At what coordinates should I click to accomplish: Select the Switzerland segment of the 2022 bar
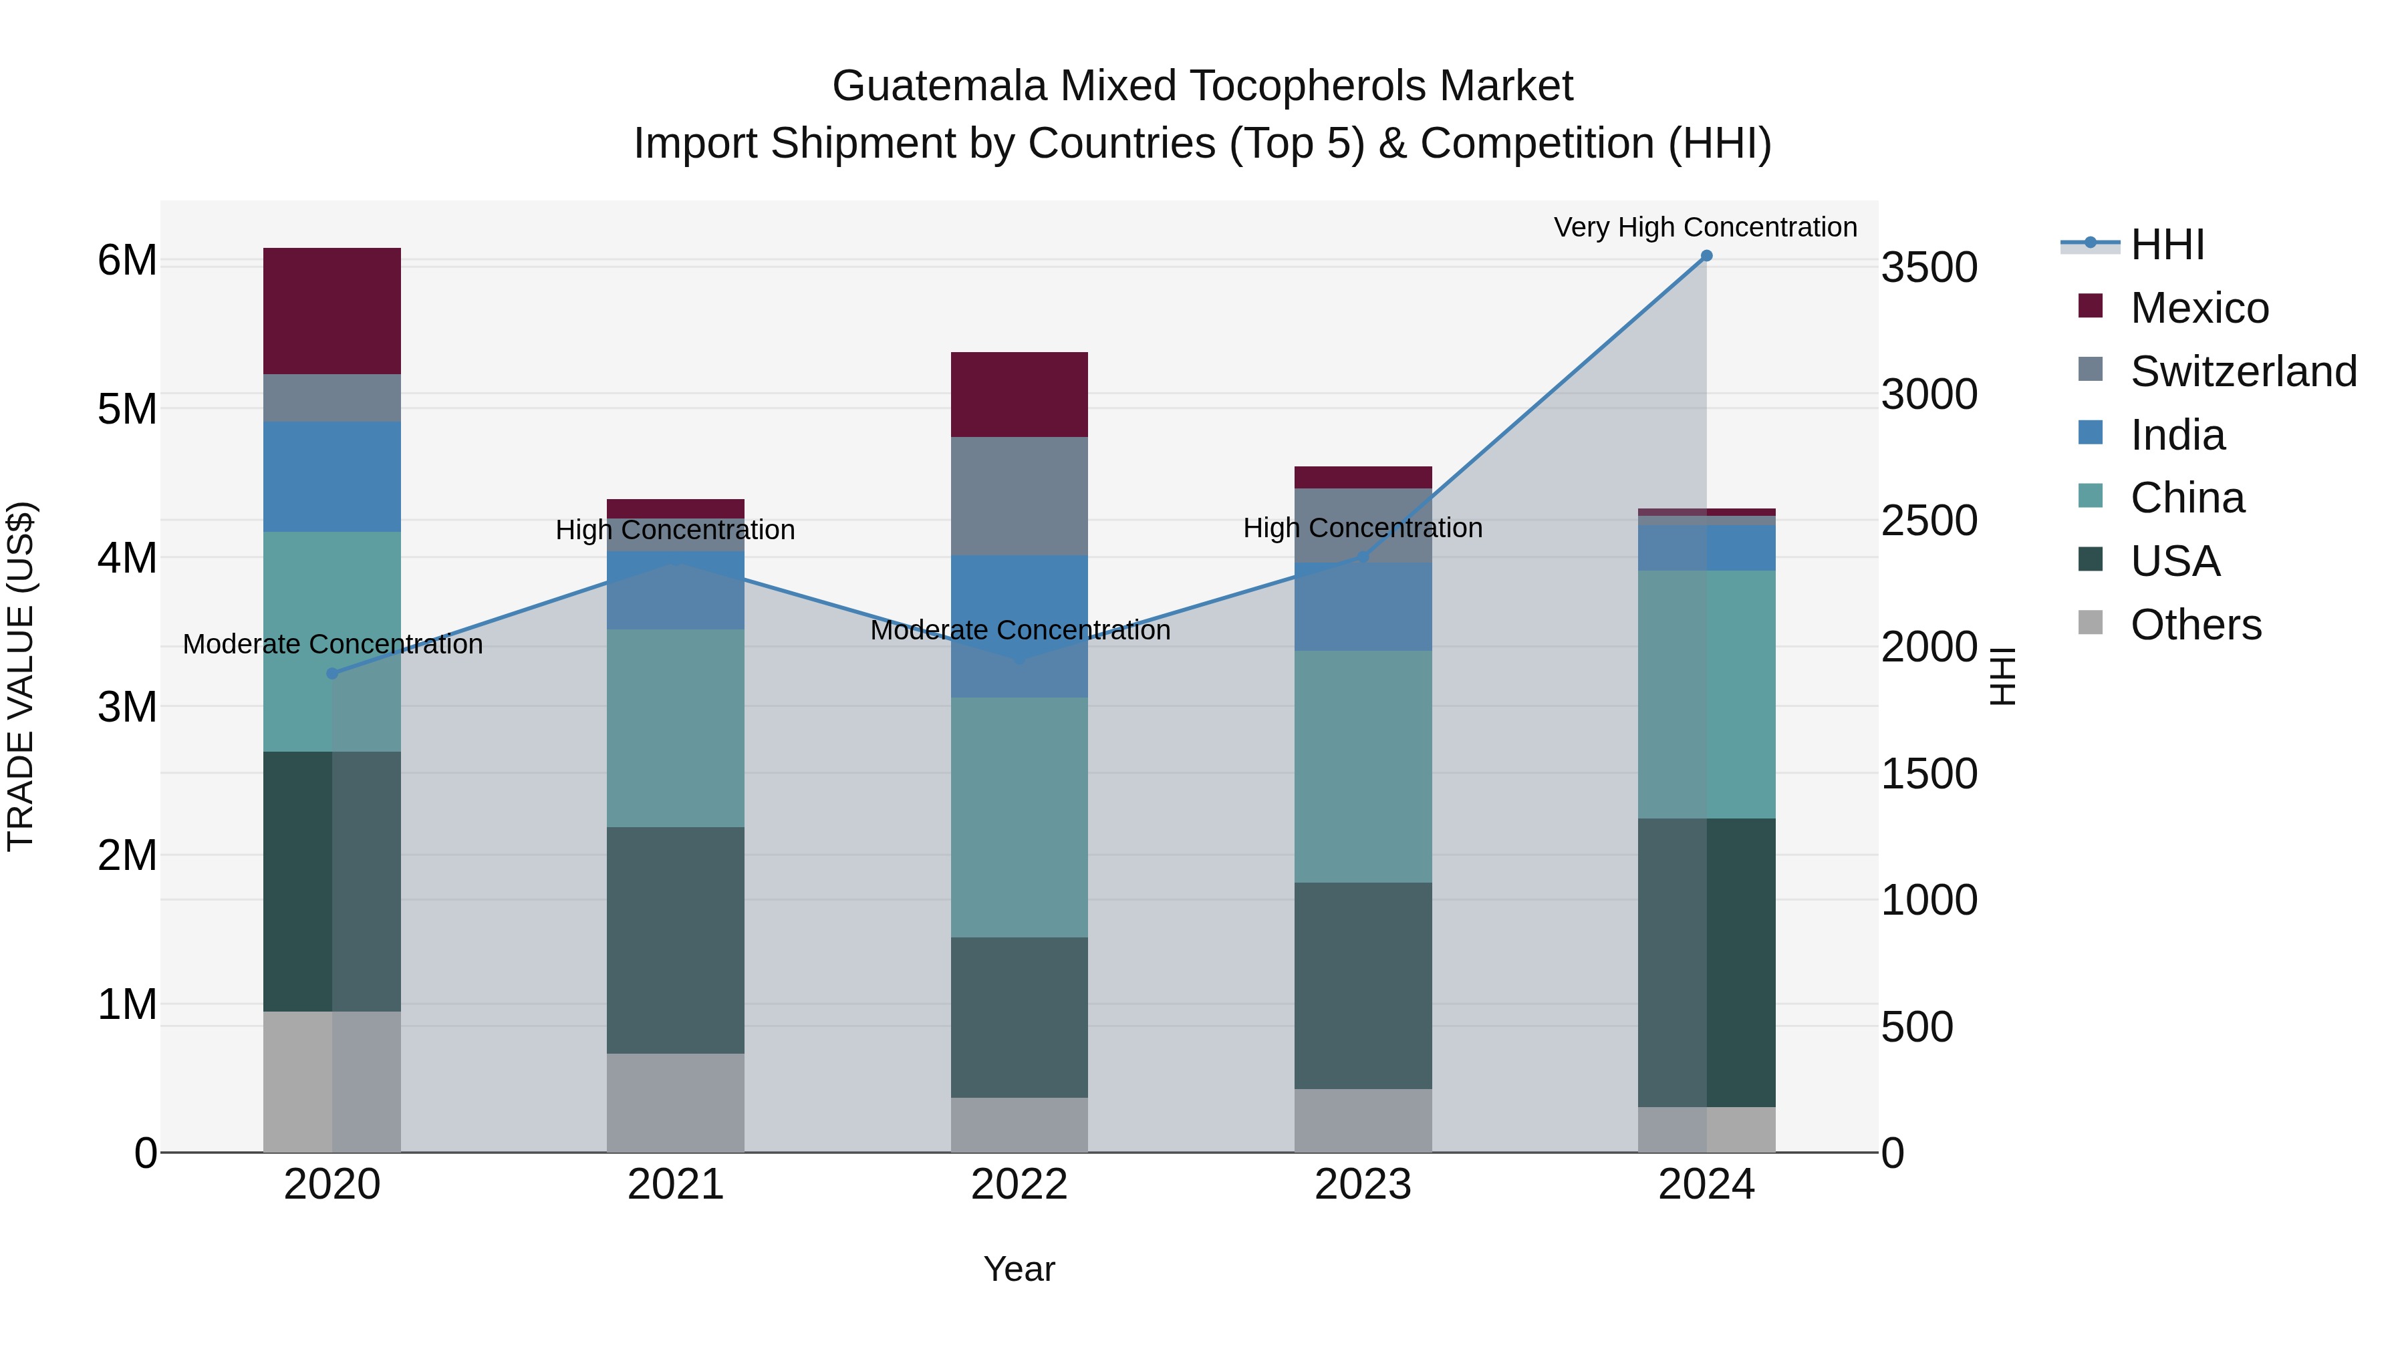coord(1019,496)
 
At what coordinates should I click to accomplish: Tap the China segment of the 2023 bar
coord(1363,766)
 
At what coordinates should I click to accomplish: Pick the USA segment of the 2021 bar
coord(675,939)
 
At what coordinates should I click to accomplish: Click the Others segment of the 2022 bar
coord(1019,1124)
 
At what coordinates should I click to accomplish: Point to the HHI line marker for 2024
coord(1706,256)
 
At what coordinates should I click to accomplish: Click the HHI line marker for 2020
coord(333,673)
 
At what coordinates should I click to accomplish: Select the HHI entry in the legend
coord(2167,245)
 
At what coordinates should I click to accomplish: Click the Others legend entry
coord(2195,625)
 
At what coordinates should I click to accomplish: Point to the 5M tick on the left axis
coord(127,409)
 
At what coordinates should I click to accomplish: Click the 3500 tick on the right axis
coord(1929,268)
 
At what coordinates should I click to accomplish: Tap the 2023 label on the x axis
coord(1363,1185)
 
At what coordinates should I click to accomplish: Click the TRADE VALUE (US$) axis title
coord(21,676)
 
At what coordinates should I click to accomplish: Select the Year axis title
coord(1019,1269)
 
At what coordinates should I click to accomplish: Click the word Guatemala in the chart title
coord(939,86)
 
